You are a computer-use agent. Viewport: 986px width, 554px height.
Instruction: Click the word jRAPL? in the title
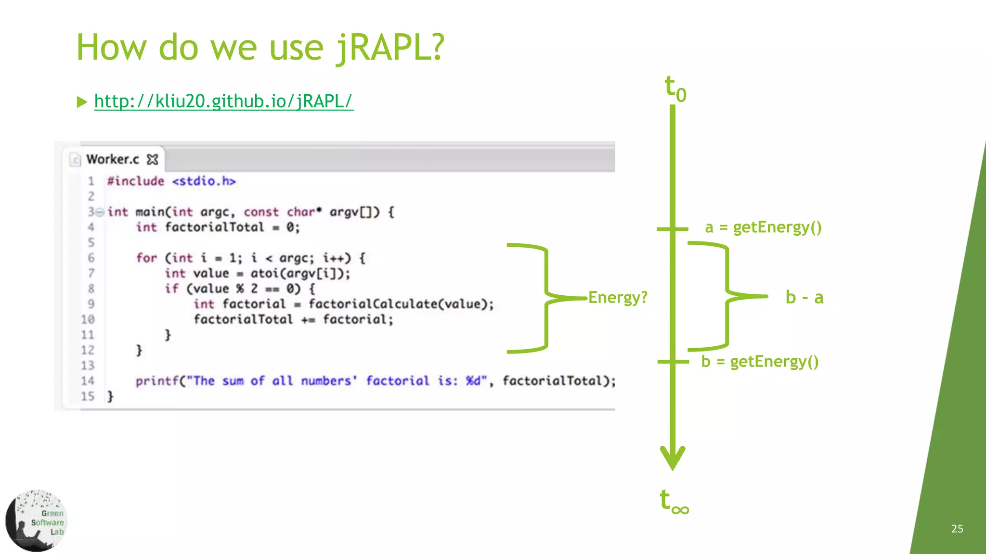pyautogui.click(x=390, y=48)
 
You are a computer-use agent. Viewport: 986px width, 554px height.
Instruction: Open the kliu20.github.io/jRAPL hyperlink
pyautogui.click(x=223, y=101)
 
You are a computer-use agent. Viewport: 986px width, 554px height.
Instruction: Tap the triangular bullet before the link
pyautogui.click(x=82, y=102)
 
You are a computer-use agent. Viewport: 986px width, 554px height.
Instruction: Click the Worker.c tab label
pyautogui.click(x=113, y=159)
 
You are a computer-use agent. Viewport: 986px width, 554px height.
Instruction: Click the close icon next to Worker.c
pyautogui.click(x=153, y=159)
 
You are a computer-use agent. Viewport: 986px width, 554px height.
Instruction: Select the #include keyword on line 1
pyautogui.click(x=136, y=181)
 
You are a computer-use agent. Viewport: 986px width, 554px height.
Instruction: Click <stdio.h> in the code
pyautogui.click(x=204, y=181)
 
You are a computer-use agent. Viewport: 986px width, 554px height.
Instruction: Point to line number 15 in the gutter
pyautogui.click(x=88, y=396)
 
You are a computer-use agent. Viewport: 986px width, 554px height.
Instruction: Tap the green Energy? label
pyautogui.click(x=618, y=297)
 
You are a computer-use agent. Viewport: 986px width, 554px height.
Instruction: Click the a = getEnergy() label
pyautogui.click(x=763, y=227)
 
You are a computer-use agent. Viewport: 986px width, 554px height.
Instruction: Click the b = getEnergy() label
pyautogui.click(x=760, y=361)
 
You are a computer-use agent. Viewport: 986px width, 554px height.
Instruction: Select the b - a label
pyautogui.click(x=804, y=298)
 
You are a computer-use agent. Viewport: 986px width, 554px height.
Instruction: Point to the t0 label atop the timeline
pyautogui.click(x=675, y=88)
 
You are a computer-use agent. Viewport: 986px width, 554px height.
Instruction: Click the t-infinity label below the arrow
pyautogui.click(x=674, y=501)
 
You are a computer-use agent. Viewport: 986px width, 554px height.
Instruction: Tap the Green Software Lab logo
pyautogui.click(x=36, y=521)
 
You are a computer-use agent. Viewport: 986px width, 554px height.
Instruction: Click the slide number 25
pyautogui.click(x=957, y=529)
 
